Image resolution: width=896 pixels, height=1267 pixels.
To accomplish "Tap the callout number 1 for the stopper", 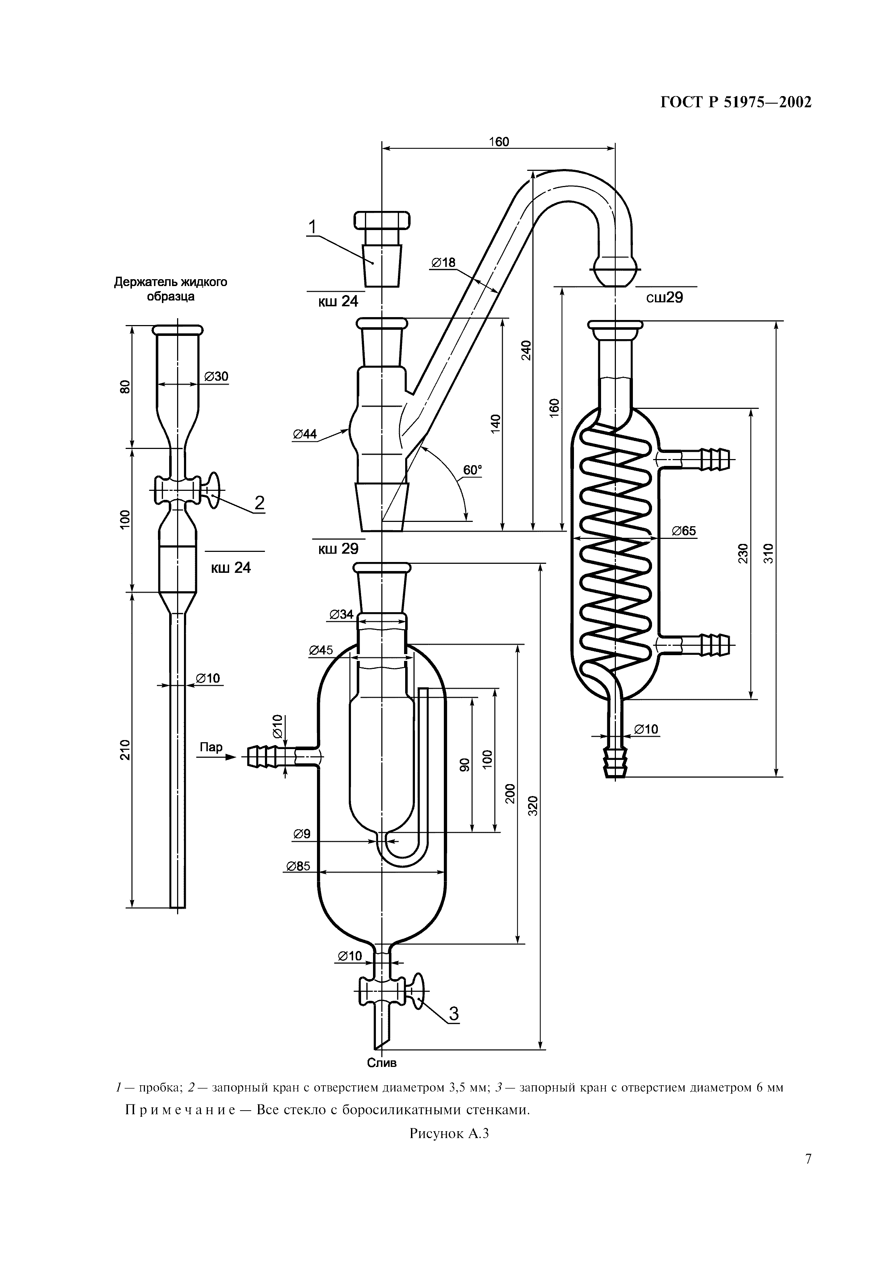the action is point(313,227).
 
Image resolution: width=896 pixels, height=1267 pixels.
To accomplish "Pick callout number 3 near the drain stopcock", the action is point(454,1014).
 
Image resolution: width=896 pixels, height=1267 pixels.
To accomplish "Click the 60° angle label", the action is point(472,470).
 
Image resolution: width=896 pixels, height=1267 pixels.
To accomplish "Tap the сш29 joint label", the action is point(665,298).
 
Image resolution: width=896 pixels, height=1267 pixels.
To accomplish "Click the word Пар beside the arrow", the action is point(211,747).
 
